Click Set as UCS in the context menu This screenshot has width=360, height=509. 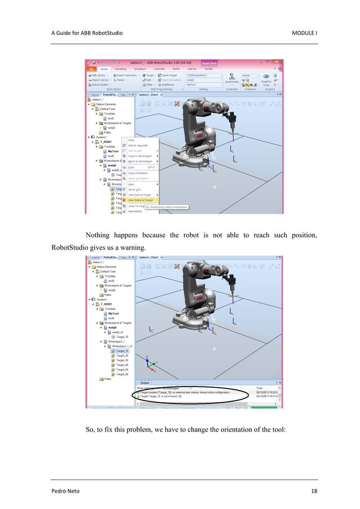135,189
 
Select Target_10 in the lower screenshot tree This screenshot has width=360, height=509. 122,350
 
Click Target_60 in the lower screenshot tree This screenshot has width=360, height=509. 122,374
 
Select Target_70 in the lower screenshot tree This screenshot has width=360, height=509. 122,336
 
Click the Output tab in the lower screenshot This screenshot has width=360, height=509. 146,383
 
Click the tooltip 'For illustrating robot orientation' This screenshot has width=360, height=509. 166,207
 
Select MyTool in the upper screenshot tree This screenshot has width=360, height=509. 113,151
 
